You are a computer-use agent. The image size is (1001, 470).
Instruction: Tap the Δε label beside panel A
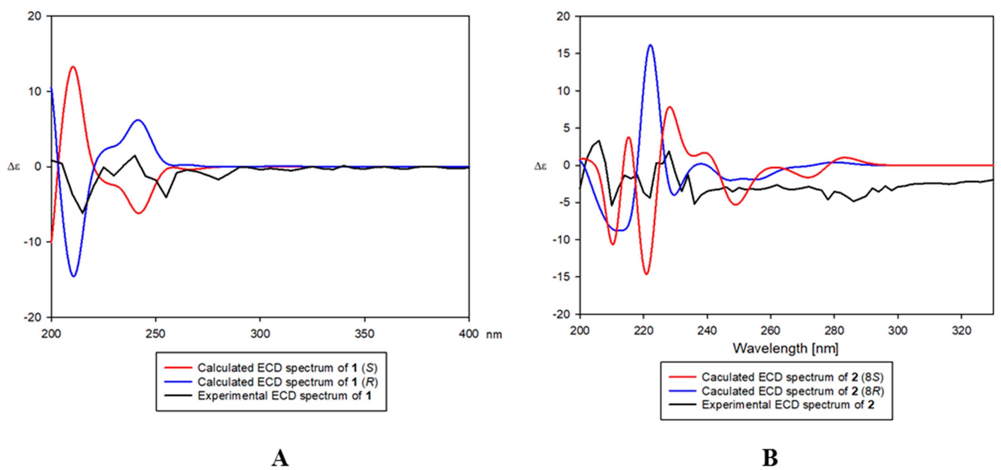coord(14,167)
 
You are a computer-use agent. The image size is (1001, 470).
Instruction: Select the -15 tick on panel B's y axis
coord(561,277)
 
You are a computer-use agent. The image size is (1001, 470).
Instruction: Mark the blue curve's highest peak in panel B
coord(651,45)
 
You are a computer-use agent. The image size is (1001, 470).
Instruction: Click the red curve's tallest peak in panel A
coord(73,67)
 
